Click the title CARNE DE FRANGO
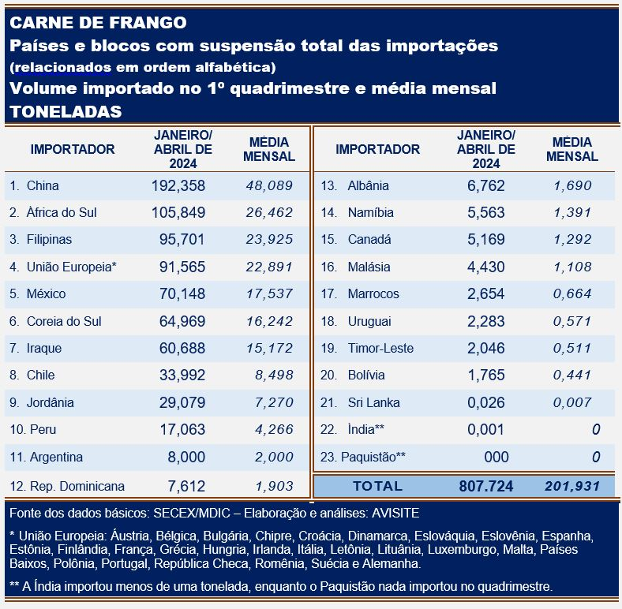pos(99,21)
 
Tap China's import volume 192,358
pos(178,186)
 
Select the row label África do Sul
pos(62,213)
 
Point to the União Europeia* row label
pos(72,267)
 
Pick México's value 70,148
pos(178,294)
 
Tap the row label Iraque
pos(44,349)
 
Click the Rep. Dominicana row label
pos(77,485)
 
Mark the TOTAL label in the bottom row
pos(377,486)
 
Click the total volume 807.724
pos(485,486)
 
